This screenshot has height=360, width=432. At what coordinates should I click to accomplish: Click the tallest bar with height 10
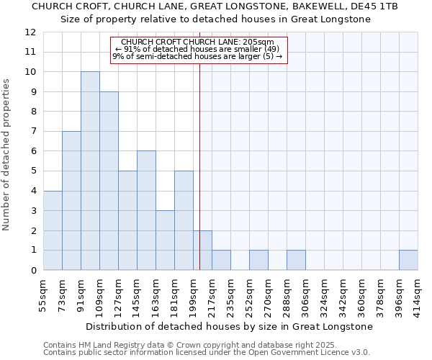click(x=90, y=171)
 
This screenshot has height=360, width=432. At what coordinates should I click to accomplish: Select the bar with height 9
click(x=109, y=181)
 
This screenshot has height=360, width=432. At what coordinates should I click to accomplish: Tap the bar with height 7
click(x=71, y=200)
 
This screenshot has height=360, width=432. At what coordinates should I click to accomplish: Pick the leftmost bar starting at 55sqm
click(x=53, y=230)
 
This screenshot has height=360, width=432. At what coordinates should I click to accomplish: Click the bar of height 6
click(x=146, y=210)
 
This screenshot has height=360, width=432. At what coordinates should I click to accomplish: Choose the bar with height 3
click(x=165, y=240)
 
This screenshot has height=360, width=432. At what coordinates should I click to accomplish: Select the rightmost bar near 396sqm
click(x=408, y=260)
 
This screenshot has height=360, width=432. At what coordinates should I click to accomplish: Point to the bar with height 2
click(x=202, y=250)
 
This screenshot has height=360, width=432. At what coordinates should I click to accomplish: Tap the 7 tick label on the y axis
click(x=33, y=132)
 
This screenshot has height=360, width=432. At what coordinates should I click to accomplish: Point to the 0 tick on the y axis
click(x=33, y=271)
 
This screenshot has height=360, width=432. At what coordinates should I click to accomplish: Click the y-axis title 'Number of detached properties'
click(x=7, y=155)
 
